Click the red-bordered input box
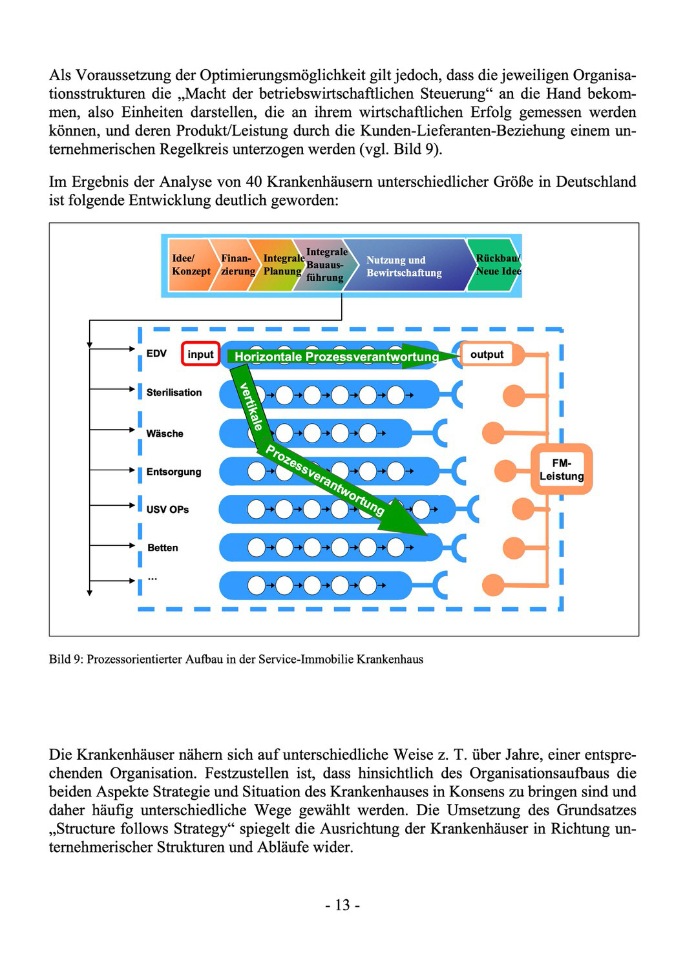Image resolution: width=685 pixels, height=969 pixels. (201, 354)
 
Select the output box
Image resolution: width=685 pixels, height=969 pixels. (487, 354)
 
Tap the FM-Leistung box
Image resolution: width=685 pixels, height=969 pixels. (561, 470)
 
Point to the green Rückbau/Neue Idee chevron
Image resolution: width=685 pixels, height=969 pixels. (496, 265)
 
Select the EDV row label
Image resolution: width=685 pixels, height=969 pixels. (156, 353)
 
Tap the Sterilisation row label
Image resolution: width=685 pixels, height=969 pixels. (174, 392)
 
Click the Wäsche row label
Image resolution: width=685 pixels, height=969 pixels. (164, 433)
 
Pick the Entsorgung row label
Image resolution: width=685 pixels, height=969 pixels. (174, 472)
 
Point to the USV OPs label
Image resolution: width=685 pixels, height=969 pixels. (167, 510)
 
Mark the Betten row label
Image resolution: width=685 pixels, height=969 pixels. (163, 548)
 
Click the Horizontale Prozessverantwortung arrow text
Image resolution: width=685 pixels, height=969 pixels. (336, 357)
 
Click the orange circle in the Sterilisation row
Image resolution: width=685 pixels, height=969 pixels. (514, 395)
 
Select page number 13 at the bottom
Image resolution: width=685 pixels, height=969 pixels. (342, 904)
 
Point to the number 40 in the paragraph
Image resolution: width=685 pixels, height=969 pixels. (254, 182)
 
